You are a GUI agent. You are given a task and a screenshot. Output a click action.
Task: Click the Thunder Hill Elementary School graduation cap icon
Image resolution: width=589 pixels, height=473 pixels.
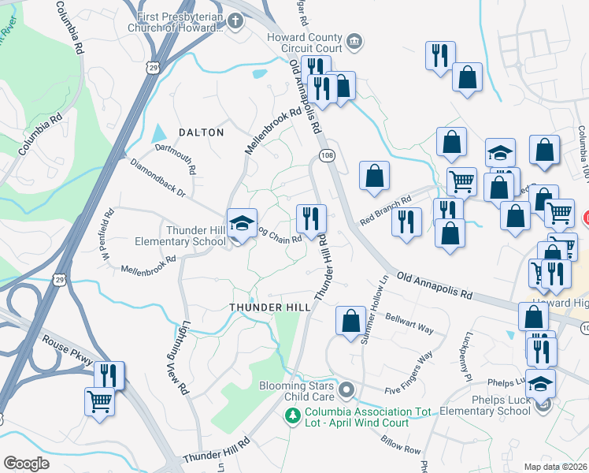(243, 222)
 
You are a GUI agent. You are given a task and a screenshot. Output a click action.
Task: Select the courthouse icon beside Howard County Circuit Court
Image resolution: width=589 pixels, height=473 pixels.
(354, 39)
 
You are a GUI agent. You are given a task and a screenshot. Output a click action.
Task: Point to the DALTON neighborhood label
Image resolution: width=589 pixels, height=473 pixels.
(202, 132)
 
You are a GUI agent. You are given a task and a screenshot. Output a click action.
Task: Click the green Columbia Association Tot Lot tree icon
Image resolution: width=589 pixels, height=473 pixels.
(294, 415)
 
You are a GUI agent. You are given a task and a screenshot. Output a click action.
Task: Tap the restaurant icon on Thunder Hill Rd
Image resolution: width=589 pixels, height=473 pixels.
(311, 218)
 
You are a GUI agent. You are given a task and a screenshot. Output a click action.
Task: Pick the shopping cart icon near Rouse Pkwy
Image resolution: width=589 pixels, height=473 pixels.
(100, 400)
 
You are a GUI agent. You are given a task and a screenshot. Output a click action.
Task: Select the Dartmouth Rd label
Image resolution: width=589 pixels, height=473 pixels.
(175, 157)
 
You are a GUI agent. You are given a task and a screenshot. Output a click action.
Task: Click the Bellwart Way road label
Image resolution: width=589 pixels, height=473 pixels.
(409, 322)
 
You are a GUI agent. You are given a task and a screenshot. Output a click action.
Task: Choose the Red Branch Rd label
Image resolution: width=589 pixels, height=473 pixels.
(386, 210)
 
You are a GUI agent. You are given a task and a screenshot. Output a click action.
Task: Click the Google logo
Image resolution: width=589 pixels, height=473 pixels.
(26, 464)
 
